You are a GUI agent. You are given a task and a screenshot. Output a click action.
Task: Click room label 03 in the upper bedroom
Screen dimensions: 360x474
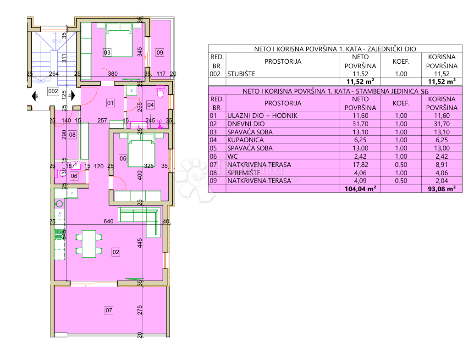pyautogui.click(x=107, y=53)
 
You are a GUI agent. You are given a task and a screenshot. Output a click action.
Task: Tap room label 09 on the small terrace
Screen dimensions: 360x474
pyautogui.click(x=160, y=53)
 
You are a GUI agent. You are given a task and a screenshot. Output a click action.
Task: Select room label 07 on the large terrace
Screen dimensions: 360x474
pyautogui.click(x=109, y=310)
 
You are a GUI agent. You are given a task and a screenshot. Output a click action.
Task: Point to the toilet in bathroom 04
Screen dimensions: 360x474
pyautogui.click(x=160, y=93)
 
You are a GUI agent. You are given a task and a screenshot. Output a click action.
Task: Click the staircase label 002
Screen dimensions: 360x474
pyautogui.click(x=53, y=91)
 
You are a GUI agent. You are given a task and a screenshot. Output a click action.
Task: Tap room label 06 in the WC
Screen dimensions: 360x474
pyautogui.click(x=74, y=176)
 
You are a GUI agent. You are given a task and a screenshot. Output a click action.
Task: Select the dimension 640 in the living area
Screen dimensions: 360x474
pyautogui.click(x=109, y=222)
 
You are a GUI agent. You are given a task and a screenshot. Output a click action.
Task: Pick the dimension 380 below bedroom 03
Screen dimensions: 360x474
pyautogui.click(x=112, y=73)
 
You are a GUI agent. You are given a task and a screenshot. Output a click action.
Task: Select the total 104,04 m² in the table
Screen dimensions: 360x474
pyautogui.click(x=360, y=188)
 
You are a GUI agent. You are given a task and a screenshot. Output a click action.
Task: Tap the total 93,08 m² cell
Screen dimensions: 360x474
pyautogui.click(x=441, y=188)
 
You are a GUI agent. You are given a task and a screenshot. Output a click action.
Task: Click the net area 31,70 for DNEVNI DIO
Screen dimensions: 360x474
pyautogui.click(x=360, y=123)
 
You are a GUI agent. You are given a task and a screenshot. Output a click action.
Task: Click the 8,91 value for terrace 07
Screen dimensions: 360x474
pyautogui.click(x=441, y=164)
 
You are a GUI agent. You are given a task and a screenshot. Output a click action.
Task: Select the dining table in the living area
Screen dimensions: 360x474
pyautogui.click(x=87, y=243)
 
